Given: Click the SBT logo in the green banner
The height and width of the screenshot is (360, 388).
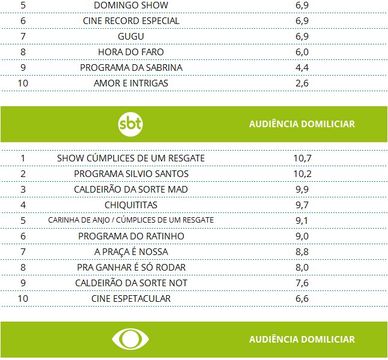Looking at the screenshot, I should (131, 124).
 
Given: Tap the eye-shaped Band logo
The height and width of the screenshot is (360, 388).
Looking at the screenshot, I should (131, 340).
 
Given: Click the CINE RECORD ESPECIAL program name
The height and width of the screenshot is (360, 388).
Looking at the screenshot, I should (131, 20).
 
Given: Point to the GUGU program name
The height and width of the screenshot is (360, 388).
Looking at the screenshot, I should (131, 36).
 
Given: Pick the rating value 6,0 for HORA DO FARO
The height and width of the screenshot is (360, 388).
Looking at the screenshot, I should (302, 52).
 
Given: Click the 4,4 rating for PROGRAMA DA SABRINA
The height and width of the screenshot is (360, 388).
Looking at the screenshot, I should (302, 67).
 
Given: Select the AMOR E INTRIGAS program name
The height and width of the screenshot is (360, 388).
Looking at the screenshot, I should (131, 83).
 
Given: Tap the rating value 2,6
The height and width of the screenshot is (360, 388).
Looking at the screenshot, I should (302, 83).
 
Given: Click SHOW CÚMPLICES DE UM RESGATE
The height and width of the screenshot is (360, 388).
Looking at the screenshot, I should (131, 158).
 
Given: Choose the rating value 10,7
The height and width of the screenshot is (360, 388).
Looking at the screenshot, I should (302, 158).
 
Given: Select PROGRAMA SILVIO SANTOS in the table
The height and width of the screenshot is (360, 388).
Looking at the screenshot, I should (131, 173).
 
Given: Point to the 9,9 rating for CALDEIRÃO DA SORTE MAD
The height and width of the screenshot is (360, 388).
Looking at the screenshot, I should (302, 189).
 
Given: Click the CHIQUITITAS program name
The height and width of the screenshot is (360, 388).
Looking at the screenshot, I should (131, 205).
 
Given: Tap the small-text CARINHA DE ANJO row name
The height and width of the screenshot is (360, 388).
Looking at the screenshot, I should (131, 220).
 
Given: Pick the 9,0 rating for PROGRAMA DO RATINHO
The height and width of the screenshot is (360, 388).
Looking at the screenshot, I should (302, 236).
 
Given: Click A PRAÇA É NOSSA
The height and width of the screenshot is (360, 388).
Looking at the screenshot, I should (131, 251).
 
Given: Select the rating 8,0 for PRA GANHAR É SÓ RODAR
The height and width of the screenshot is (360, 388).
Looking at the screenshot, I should (302, 267).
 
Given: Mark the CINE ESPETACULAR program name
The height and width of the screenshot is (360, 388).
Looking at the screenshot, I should (131, 298).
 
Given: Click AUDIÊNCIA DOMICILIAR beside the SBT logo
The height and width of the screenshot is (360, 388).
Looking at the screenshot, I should (302, 124).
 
